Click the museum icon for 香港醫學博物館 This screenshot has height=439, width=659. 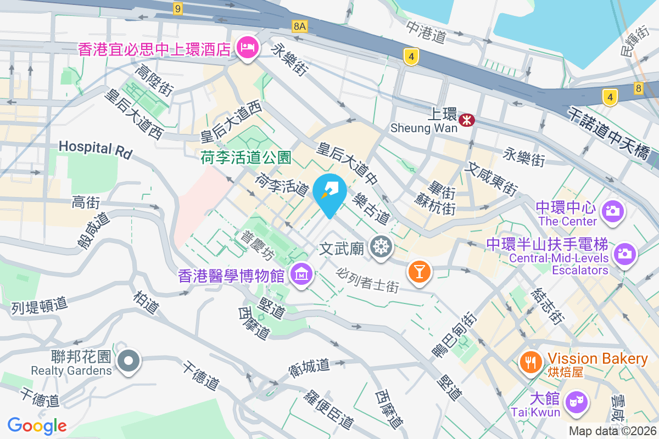301,273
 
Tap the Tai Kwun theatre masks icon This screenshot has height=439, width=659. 576,402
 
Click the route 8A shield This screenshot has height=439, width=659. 299,26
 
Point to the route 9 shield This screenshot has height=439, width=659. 177,8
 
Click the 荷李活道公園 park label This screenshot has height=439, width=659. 245,158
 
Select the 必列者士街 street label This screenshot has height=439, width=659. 367,279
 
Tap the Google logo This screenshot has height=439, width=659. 37,425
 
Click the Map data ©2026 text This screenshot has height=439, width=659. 612,431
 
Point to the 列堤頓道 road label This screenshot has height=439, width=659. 39,306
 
